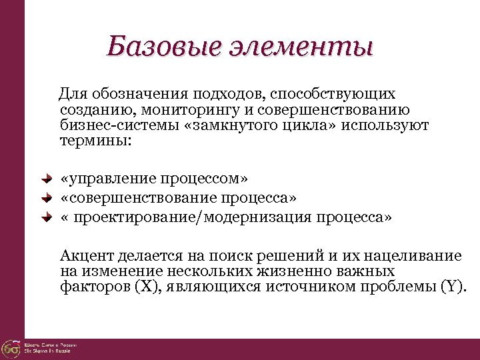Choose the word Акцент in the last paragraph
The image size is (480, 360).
click(86, 256)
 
